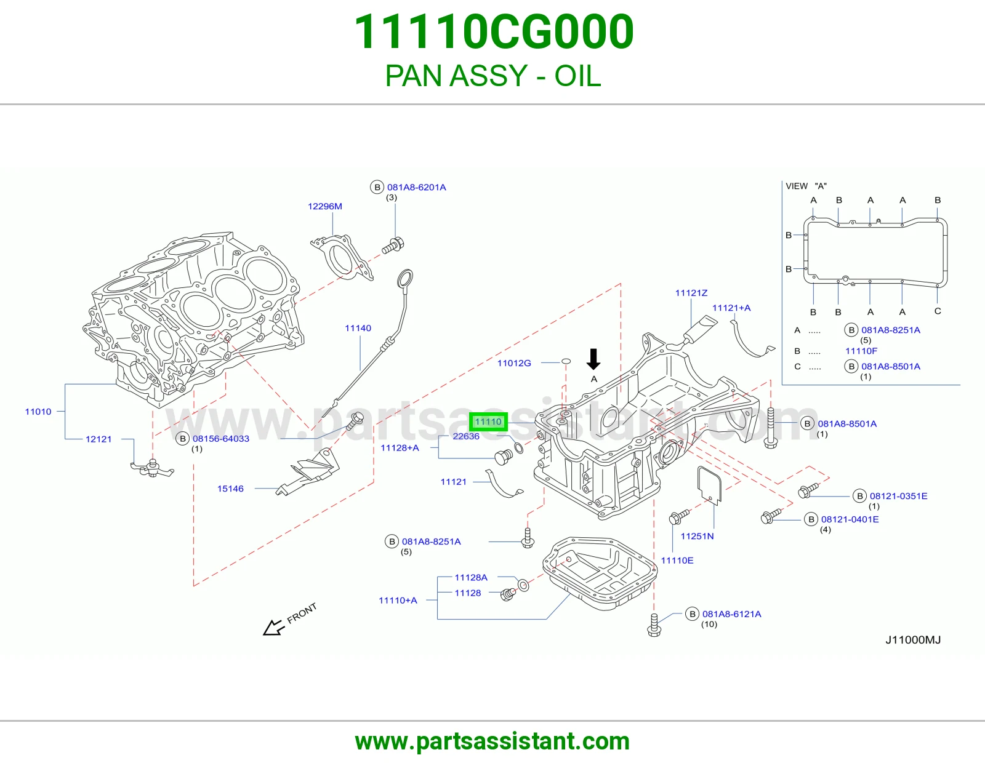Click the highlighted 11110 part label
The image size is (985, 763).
[x=488, y=422]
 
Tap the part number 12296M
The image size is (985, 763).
[x=325, y=206]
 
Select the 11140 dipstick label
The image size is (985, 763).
[x=358, y=328]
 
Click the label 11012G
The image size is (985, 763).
[x=514, y=363]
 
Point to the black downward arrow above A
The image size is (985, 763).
[x=593, y=359]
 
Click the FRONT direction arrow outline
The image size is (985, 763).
[x=274, y=627]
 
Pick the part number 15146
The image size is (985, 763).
[x=230, y=489]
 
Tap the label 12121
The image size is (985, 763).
[x=98, y=439]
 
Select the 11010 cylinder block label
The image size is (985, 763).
[x=38, y=412]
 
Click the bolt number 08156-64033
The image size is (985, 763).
[x=221, y=439]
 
